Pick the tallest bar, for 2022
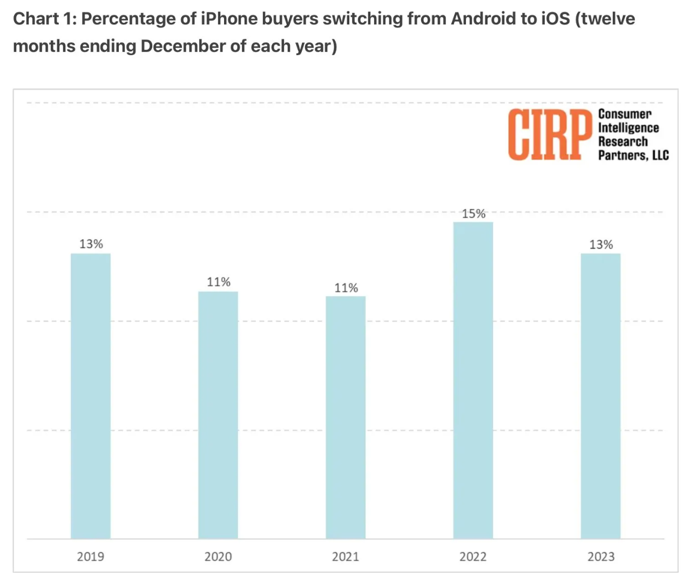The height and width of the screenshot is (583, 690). pos(473,380)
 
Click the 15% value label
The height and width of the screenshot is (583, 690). pos(473,214)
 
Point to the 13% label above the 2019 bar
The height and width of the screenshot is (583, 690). pos(91,244)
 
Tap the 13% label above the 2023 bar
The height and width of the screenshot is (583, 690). pos(601,245)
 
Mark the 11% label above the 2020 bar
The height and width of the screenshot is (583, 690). pos(219,282)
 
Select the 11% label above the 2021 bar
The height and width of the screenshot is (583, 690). pos(346,288)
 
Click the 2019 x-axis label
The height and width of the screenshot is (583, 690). pos(91,557)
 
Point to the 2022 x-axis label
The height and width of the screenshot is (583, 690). pos(473,557)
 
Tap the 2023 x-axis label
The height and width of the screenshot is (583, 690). pos(601,557)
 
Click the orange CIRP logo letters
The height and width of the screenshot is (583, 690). pos(549,134)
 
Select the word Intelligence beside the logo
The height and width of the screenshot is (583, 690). pos(628,128)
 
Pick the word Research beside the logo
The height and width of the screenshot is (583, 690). pos(623,141)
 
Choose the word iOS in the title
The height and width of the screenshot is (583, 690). pos(555,19)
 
